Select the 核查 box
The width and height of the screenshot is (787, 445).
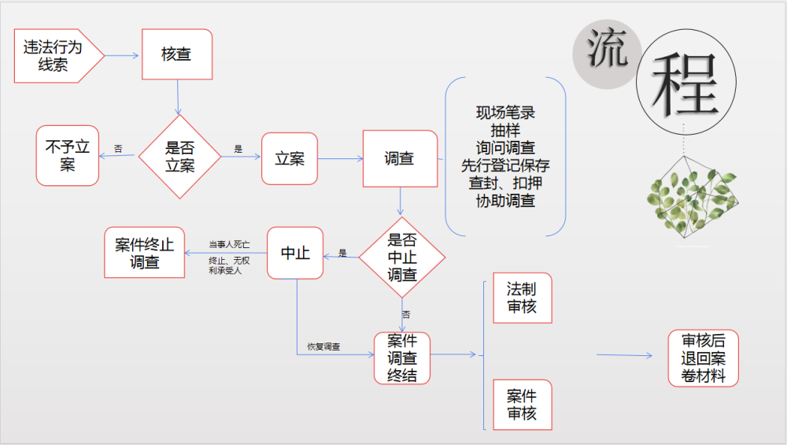[x=177, y=54]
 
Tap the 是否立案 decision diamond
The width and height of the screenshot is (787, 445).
[x=179, y=156]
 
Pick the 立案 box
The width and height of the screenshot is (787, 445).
[x=290, y=158]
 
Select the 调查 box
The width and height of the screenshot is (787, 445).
[x=400, y=158]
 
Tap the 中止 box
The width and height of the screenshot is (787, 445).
[x=295, y=253]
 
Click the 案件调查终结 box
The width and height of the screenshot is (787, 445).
[x=402, y=358]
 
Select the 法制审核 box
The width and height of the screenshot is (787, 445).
[x=522, y=298]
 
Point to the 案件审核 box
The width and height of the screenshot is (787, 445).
[x=522, y=404]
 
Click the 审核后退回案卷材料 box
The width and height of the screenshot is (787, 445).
[x=704, y=358]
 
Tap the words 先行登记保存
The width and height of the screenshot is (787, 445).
[x=506, y=166]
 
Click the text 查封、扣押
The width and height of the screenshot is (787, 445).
[x=506, y=184]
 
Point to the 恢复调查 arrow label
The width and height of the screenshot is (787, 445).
[x=323, y=346]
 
